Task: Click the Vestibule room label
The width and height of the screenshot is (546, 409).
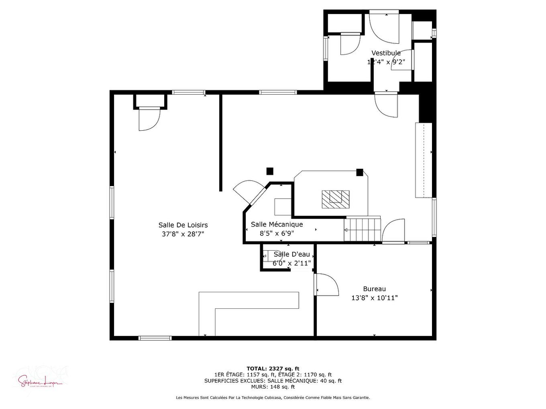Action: click(386, 53)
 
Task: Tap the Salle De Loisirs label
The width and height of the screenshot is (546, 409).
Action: click(183, 225)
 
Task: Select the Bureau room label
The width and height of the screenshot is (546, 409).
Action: click(374, 289)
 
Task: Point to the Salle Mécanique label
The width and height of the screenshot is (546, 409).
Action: click(277, 224)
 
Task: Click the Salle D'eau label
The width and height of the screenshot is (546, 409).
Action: click(291, 254)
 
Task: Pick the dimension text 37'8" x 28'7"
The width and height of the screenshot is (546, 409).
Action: click(183, 234)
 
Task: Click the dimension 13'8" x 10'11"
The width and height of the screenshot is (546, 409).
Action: click(374, 298)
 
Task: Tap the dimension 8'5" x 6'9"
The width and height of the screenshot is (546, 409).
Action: click(277, 233)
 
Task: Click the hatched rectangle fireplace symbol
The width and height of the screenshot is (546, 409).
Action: click(335, 198)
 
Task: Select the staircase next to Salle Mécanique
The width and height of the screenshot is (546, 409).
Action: click(362, 229)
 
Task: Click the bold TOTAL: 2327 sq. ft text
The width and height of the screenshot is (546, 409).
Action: click(273, 369)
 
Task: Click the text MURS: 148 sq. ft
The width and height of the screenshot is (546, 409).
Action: click(273, 387)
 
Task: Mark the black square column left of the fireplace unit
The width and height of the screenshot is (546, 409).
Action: click(270, 171)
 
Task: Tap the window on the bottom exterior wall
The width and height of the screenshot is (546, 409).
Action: click(155, 338)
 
